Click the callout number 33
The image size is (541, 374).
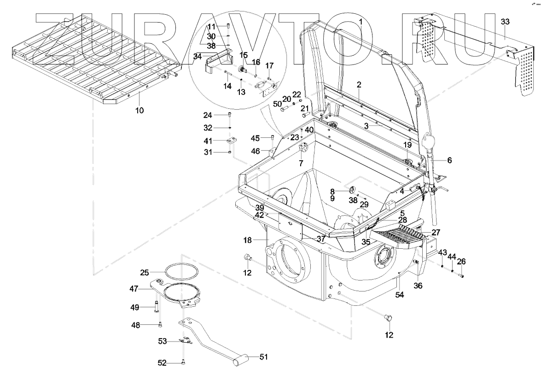tap(505, 22)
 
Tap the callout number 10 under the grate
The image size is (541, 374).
tap(139, 110)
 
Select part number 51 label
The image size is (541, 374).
tap(264, 357)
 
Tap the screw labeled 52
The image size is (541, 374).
tap(183, 362)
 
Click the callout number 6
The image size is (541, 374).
tap(449, 160)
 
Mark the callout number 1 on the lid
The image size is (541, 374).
tap(361, 22)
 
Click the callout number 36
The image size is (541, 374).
tap(418, 286)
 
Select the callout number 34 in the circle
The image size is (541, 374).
tap(197, 57)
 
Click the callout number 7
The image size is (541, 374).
tap(301, 163)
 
